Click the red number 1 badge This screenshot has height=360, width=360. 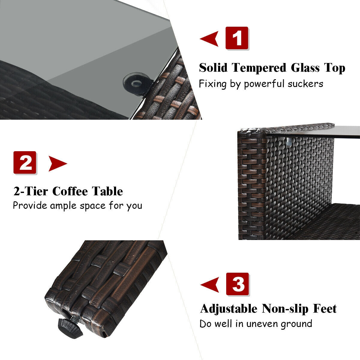click(237, 38)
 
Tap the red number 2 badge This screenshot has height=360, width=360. click(25, 163)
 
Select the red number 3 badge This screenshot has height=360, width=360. click(237, 284)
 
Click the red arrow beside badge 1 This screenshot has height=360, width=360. click(209, 39)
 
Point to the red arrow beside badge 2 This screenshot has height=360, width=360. click(58, 164)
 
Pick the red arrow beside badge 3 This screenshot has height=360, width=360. click(209, 285)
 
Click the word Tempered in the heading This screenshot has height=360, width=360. click(259, 68)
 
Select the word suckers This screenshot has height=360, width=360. click(305, 83)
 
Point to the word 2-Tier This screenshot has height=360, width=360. click(31, 191)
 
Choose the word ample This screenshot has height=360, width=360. click(64, 206)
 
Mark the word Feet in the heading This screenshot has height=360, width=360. click(325, 309)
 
